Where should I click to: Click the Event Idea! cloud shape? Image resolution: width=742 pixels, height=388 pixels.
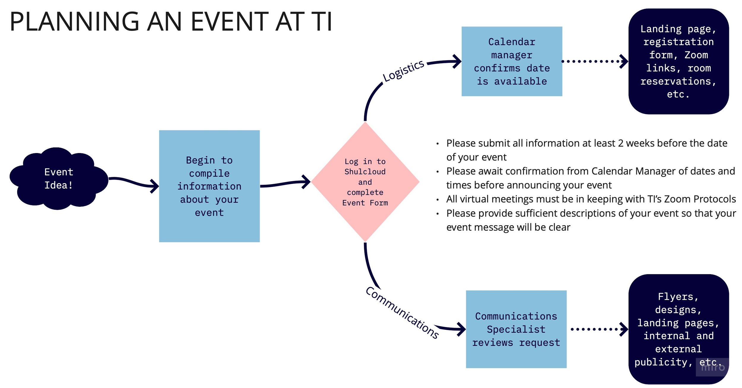click(58, 179)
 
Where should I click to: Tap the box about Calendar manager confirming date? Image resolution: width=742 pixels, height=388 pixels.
click(511, 61)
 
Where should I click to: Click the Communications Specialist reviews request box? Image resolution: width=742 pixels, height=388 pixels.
click(516, 329)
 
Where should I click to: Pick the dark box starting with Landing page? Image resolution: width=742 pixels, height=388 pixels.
click(678, 61)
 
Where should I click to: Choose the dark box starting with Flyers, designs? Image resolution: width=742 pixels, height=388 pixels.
click(678, 329)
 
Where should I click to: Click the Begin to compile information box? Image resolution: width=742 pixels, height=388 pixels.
click(209, 186)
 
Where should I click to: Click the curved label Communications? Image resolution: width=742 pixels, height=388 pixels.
click(402, 313)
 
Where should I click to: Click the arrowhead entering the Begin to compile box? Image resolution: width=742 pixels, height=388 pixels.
click(155, 186)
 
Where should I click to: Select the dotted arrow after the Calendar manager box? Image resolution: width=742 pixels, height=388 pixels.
click(594, 61)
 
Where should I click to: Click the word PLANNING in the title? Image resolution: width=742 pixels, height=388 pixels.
click(74, 21)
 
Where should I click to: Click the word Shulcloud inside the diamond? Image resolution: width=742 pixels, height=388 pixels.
click(365, 172)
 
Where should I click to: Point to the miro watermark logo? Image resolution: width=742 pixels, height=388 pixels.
click(712, 367)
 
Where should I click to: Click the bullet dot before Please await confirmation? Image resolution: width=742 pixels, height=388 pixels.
click(437, 172)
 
